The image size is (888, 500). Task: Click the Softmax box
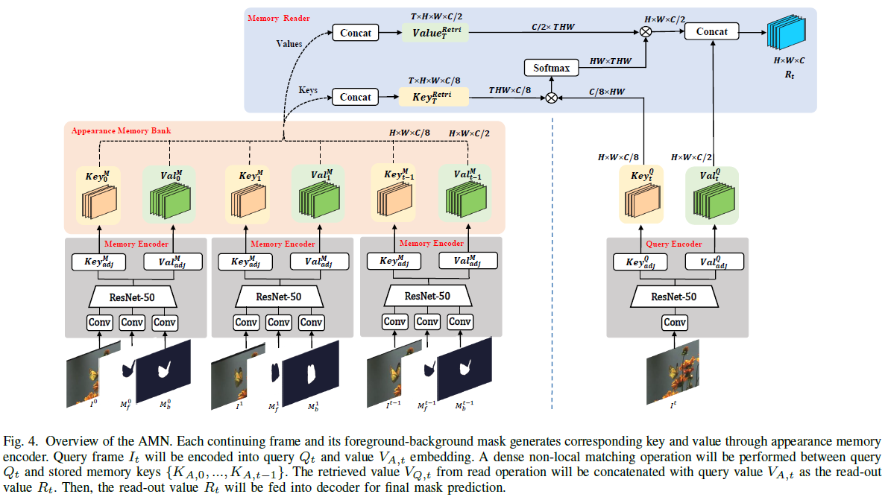[x=552, y=68]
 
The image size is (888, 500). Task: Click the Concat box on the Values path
[x=356, y=33]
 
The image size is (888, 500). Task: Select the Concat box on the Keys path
[x=356, y=97]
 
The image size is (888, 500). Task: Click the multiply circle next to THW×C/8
[x=552, y=98]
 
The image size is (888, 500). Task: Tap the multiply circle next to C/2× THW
[x=645, y=32]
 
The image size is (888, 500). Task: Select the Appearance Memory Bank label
[x=121, y=130]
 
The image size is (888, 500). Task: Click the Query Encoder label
[x=676, y=244]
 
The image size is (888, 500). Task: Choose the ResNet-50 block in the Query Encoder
[x=675, y=296]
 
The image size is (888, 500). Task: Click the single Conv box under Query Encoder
[x=675, y=323]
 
